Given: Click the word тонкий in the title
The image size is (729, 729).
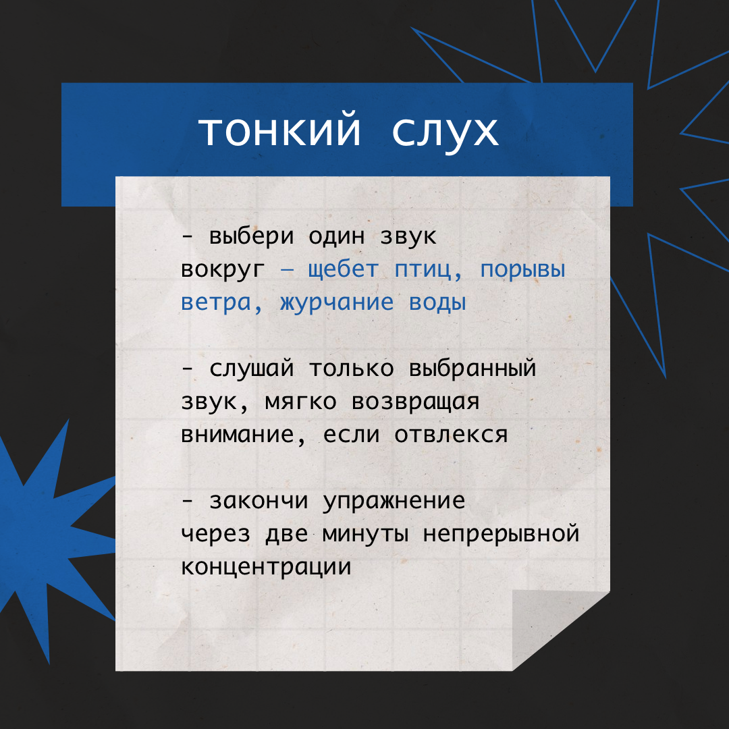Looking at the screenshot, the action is [x=279, y=132].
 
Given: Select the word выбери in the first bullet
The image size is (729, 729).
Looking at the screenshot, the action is [x=252, y=237].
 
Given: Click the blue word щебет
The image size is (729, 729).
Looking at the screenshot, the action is [x=343, y=270].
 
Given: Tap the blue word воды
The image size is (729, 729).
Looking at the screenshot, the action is [x=437, y=302].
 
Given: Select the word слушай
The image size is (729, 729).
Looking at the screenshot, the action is [x=252, y=369].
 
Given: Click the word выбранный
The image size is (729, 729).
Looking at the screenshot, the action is [x=473, y=369].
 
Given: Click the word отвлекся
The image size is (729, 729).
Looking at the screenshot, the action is [x=451, y=435].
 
